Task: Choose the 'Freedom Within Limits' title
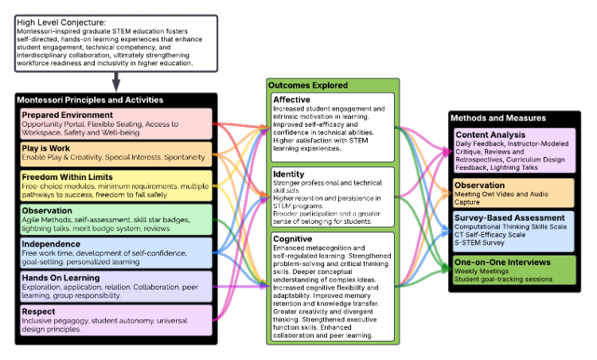pos(66,177)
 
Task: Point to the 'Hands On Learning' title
pos(60,276)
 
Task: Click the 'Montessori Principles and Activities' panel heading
pos(90,100)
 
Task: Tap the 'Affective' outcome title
pos(291,100)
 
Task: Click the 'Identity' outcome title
pos(287,173)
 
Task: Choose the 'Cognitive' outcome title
pos(292,238)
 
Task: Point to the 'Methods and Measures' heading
pos(498,118)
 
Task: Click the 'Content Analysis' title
pos(490,135)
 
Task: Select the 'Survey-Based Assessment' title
pos(509,217)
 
